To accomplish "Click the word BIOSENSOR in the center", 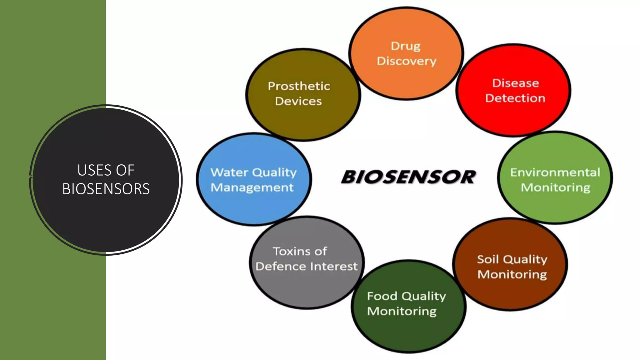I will coord(408,177).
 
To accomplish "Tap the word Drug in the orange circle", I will coord(406,46).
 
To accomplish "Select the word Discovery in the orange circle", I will coord(406,61).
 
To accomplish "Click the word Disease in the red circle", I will coord(516,83).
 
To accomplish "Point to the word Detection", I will coord(515,98).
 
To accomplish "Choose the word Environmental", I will coord(555,172).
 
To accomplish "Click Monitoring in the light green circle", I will coord(556,187).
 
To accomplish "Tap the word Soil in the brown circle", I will coord(488,259).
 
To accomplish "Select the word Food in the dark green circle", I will coord(382,296).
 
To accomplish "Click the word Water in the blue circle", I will coord(229,172).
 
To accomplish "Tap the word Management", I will coord(252,187).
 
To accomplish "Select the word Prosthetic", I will coord(299,86).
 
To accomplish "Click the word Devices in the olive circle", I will coord(298,101).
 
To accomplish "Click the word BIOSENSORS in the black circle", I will coord(106,189).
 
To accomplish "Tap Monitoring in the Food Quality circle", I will coord(402,311).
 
